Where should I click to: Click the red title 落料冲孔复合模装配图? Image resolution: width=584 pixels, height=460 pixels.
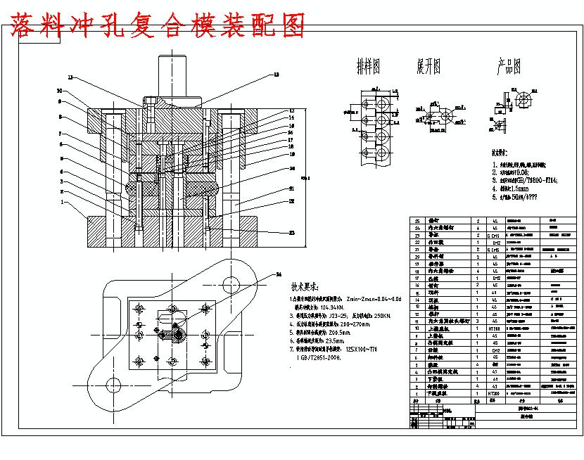[x=158, y=25]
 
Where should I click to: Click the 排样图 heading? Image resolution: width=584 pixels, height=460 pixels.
[x=368, y=68]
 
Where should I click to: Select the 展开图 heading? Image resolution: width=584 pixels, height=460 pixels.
[x=429, y=68]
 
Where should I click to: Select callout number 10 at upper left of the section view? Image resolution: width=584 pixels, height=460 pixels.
[x=59, y=91]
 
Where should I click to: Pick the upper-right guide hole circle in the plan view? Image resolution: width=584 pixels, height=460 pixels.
[x=231, y=283]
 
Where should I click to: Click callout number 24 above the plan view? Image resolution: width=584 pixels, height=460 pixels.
[x=279, y=274]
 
